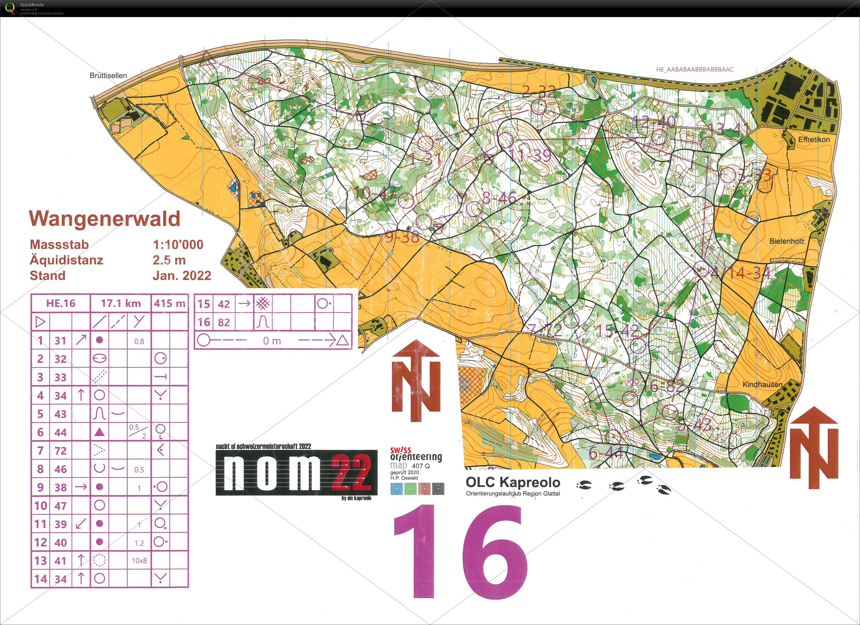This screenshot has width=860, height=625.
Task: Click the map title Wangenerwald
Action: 105,219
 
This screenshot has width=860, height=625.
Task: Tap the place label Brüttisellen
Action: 108,75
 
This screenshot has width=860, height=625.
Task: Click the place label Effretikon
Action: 814,140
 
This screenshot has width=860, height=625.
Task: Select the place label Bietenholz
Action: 787,241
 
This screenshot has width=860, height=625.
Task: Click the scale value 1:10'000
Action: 178,245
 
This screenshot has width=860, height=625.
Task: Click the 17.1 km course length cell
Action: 121,303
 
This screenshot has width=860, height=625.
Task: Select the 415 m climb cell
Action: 169,303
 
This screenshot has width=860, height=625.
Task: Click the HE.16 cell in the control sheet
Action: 61,303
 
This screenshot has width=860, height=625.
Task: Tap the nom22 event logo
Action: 297,472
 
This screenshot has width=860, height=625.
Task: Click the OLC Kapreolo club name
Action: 513,482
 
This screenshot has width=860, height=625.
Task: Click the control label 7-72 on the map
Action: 545,330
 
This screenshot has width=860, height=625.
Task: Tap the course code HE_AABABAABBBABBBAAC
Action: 695,69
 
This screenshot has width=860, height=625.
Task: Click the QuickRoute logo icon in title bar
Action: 10,8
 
